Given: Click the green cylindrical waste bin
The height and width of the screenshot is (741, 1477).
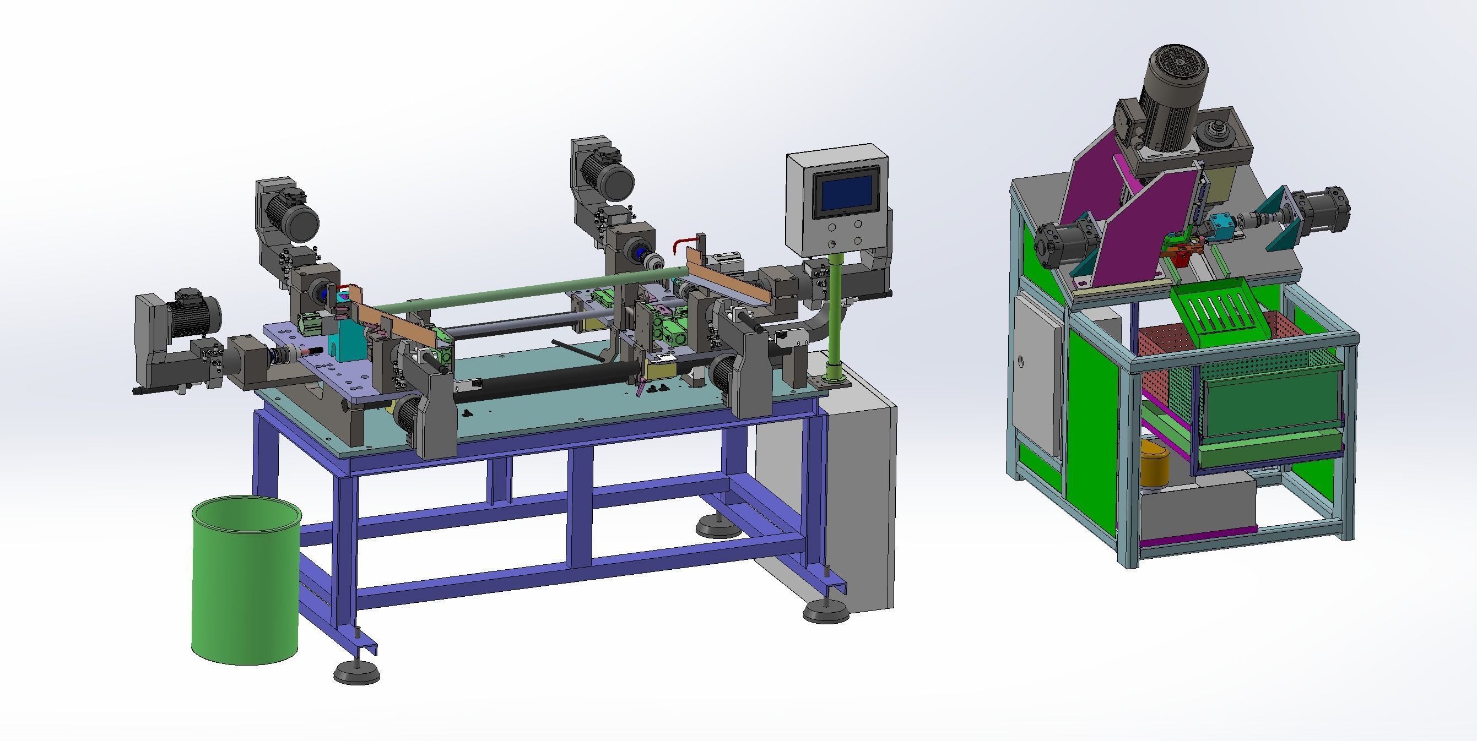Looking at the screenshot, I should point(245,585).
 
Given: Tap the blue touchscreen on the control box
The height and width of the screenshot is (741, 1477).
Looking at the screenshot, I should point(846,193).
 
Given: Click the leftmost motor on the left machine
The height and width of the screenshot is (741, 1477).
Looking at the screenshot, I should point(192,315).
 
